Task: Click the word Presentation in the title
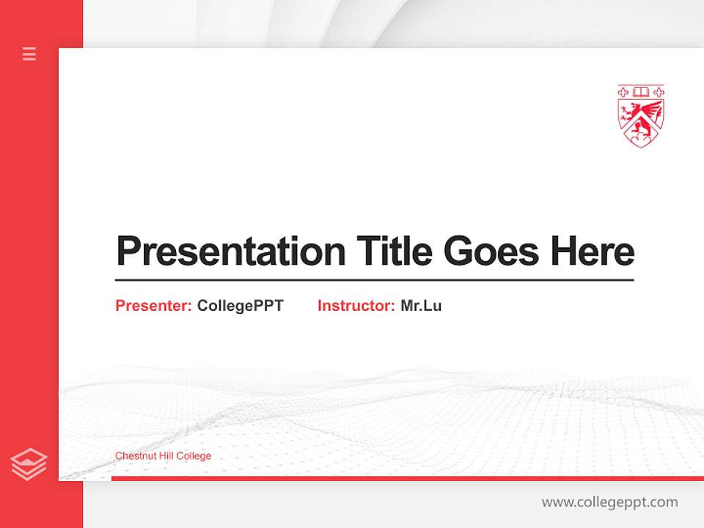(230, 252)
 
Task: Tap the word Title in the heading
(393, 252)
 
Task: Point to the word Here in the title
(592, 252)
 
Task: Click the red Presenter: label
(153, 306)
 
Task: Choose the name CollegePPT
(240, 306)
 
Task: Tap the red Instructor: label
(356, 306)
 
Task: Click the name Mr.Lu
(421, 306)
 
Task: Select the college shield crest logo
(640, 116)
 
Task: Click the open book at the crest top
(641, 92)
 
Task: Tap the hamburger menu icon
(29, 54)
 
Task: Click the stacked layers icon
(29, 464)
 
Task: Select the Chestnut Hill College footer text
(163, 455)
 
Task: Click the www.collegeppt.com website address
(609, 502)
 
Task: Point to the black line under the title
(374, 279)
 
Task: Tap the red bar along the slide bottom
(407, 478)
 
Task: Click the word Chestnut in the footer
(133, 455)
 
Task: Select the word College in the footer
(194, 455)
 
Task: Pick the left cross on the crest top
(624, 92)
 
